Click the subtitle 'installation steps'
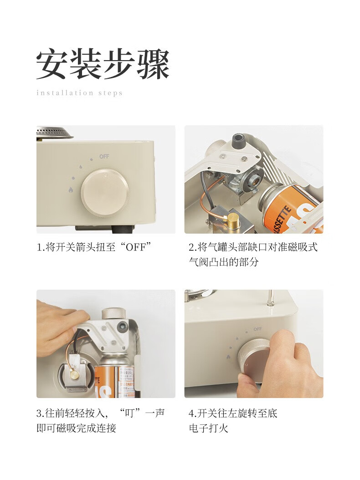tap(79, 93)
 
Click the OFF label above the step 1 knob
tap(104, 156)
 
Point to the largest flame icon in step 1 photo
tap(71, 190)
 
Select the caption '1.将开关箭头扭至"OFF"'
tap(94, 247)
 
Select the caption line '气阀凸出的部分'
tap(224, 262)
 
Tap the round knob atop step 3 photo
tap(113, 314)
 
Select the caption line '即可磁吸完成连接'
tap(76, 428)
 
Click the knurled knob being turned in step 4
tap(253, 356)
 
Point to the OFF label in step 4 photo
tap(257, 329)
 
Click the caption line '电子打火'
tap(209, 428)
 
